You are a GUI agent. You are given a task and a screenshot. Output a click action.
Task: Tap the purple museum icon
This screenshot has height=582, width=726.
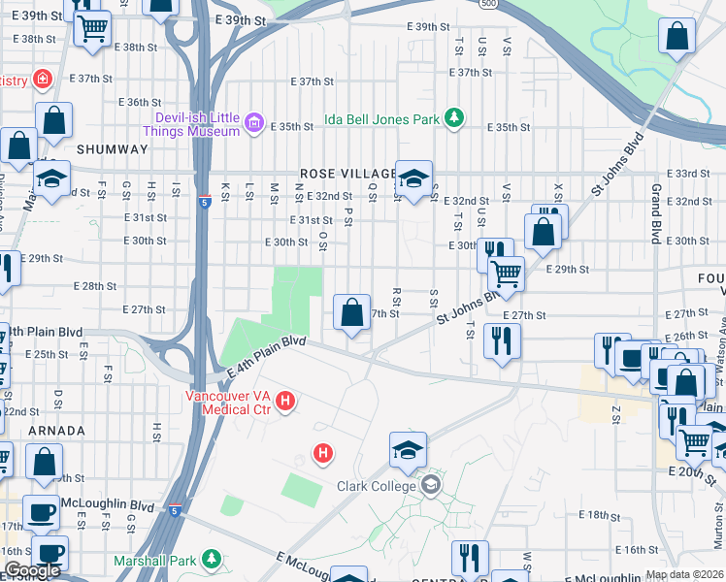click(x=254, y=122)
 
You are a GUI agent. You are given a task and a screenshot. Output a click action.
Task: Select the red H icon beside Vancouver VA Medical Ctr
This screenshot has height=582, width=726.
click(x=285, y=400)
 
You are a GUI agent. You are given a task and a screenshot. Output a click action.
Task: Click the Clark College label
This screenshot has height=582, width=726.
click(x=377, y=486)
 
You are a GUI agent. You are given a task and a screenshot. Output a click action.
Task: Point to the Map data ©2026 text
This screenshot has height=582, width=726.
click(x=684, y=574)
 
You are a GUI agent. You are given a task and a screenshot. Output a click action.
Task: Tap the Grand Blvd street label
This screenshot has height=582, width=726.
click(x=657, y=203)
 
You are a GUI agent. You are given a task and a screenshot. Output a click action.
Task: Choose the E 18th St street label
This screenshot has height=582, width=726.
click(x=600, y=514)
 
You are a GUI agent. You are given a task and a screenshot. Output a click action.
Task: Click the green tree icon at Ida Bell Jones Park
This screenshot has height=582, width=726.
click(x=453, y=118)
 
